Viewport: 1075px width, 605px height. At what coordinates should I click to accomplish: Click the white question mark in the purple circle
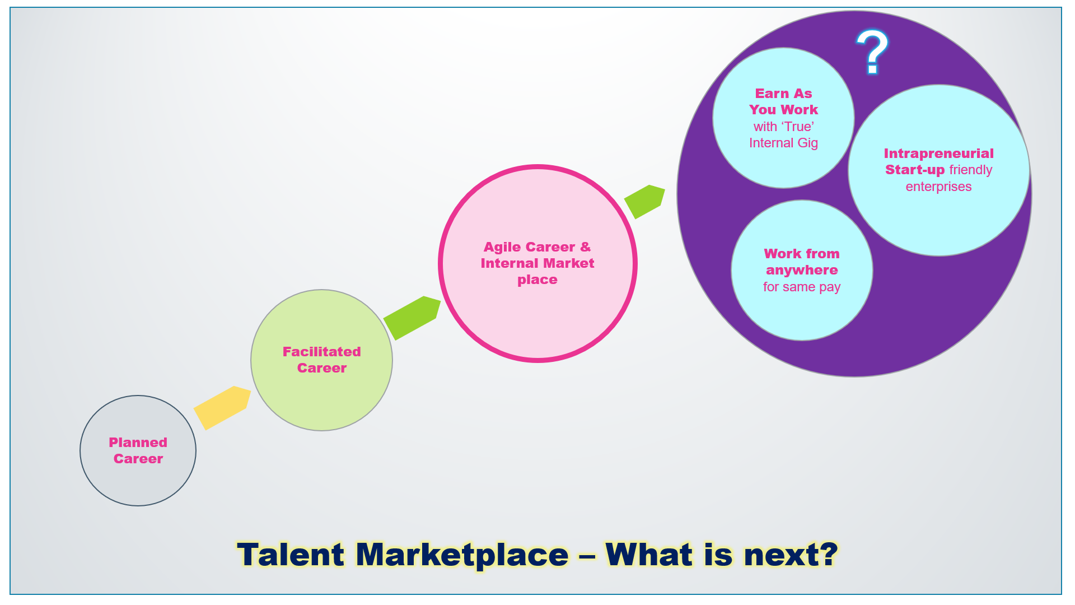click(872, 52)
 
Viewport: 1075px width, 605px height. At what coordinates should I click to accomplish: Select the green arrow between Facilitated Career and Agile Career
click(412, 318)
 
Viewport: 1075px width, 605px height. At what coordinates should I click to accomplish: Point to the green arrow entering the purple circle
click(645, 201)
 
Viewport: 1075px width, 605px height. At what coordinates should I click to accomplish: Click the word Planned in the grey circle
click(138, 443)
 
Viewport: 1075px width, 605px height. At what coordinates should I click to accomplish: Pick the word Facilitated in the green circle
click(321, 352)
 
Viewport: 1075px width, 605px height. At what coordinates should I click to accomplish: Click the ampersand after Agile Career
click(585, 247)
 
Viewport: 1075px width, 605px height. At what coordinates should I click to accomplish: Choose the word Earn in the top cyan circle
click(772, 94)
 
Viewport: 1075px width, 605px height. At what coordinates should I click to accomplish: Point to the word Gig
click(807, 143)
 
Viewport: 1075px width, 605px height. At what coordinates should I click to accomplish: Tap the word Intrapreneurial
click(938, 153)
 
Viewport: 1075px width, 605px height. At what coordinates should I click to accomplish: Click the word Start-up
click(914, 170)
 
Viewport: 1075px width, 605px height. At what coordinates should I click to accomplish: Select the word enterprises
click(938, 187)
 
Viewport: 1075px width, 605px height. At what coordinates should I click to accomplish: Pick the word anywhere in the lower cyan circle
click(802, 270)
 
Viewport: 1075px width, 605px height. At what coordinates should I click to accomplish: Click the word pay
click(830, 287)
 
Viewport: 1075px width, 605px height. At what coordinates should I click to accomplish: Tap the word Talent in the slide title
click(290, 555)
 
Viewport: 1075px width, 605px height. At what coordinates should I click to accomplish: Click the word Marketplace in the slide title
click(462, 555)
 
